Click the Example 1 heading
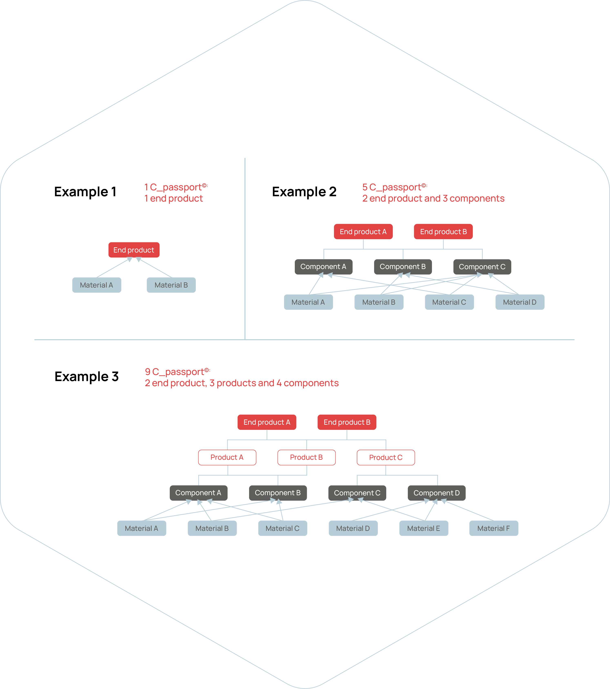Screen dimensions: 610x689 pyautogui.click(x=85, y=192)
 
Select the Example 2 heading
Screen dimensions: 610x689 pyautogui.click(x=304, y=192)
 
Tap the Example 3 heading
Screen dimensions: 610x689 pyautogui.click(x=87, y=377)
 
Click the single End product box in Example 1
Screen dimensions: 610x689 pyautogui.click(x=134, y=250)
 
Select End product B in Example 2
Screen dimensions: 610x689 pyautogui.click(x=443, y=232)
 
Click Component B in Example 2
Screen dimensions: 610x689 pyautogui.click(x=403, y=267)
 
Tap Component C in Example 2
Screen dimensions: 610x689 pyautogui.click(x=482, y=267)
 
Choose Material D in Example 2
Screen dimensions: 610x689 pyautogui.click(x=520, y=302)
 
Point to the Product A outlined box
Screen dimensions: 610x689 pyautogui.click(x=227, y=457)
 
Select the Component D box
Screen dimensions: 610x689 pyautogui.click(x=437, y=493)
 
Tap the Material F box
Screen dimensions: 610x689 pyautogui.click(x=494, y=528)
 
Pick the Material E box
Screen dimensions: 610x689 pyautogui.click(x=424, y=528)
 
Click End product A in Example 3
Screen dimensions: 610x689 pyautogui.click(x=267, y=422)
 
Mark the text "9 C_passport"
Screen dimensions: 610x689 pyautogui.click(x=175, y=372)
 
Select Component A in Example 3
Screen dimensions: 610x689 pyautogui.click(x=198, y=493)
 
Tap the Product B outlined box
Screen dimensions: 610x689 pyautogui.click(x=306, y=457)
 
